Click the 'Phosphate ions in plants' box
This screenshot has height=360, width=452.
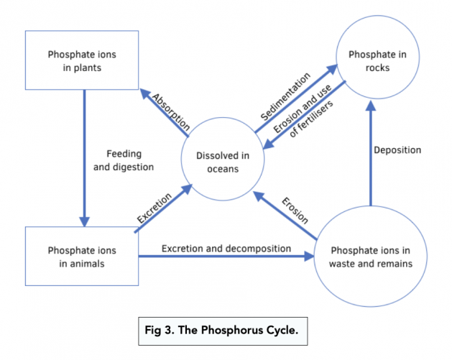[85, 60]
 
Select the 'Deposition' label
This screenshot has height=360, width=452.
[397, 150]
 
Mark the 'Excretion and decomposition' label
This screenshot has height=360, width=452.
[226, 249]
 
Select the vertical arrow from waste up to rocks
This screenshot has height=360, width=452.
[371, 154]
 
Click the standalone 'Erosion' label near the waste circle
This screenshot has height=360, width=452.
[294, 209]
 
